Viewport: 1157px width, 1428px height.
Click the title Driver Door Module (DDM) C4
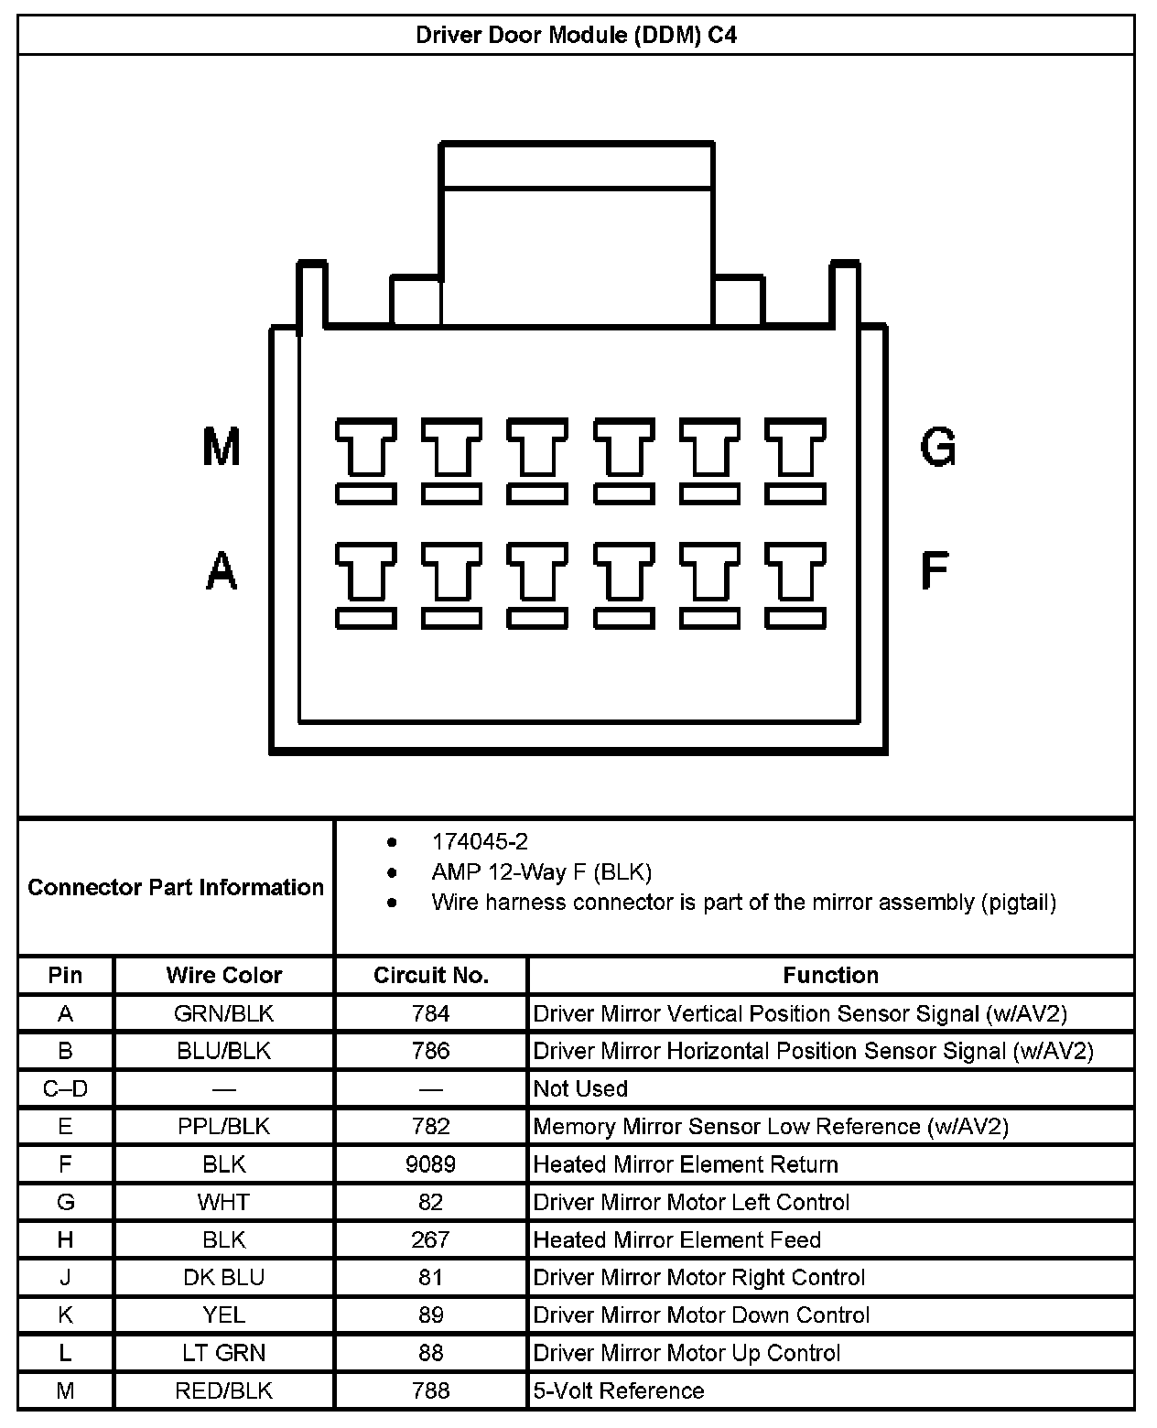tap(576, 36)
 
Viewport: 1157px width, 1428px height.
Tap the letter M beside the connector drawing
tap(222, 448)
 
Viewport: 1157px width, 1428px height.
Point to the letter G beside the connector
tap(938, 448)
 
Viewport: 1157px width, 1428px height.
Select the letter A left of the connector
tap(222, 571)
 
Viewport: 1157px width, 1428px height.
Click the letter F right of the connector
tap(935, 569)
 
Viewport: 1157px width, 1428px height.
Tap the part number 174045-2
tap(480, 842)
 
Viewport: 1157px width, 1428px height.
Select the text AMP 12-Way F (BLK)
tap(541, 872)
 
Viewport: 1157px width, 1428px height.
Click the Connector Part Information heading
tap(176, 887)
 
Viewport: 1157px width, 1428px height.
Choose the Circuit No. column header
tap(431, 976)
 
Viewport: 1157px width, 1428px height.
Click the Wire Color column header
tap(224, 976)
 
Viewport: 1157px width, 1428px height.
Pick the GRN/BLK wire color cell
tap(224, 1013)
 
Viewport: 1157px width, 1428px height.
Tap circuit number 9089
tap(431, 1164)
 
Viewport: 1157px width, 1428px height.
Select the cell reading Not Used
tap(580, 1089)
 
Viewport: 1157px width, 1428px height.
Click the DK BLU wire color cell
tap(224, 1277)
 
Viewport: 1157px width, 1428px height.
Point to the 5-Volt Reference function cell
tap(619, 1391)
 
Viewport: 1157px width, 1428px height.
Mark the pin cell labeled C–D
tap(65, 1089)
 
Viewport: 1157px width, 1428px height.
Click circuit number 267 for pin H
tap(431, 1239)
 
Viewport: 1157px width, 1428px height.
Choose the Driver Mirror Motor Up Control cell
tap(687, 1353)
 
